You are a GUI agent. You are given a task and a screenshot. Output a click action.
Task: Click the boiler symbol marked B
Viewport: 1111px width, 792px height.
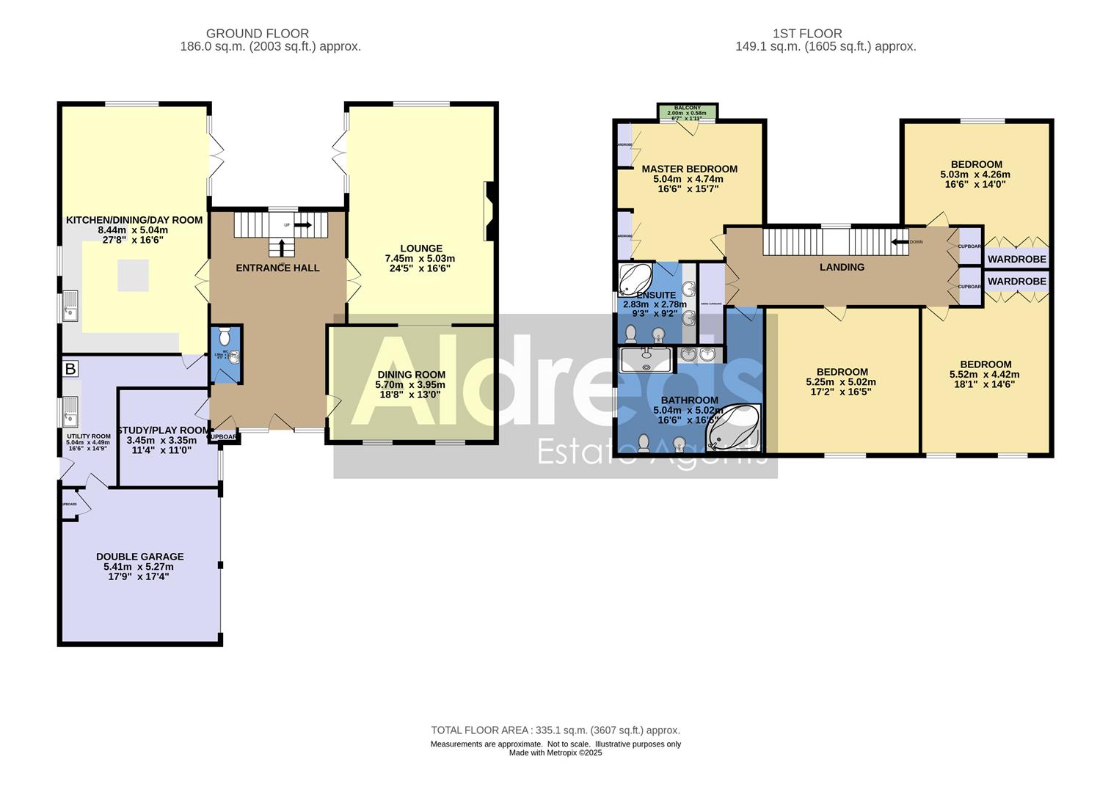(70, 368)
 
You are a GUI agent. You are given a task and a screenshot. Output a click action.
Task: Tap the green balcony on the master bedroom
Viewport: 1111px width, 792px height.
(688, 112)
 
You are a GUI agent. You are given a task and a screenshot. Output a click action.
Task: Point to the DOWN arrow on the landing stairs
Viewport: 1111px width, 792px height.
(900, 241)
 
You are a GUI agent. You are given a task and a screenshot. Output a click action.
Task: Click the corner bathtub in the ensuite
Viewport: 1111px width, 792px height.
(635, 279)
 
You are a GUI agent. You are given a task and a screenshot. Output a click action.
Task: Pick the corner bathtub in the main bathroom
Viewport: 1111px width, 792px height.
(732, 429)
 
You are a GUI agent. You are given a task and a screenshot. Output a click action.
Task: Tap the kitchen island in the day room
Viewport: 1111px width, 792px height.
(133, 275)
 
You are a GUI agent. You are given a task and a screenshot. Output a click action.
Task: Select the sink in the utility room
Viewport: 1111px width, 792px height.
(70, 411)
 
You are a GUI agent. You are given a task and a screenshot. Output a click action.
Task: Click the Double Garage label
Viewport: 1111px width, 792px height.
(139, 557)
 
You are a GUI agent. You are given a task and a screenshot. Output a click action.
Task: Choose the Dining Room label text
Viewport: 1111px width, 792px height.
(411, 375)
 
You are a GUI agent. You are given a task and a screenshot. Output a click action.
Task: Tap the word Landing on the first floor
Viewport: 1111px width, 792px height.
(842, 267)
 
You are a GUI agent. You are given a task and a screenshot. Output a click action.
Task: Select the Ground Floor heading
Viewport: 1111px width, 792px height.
(257, 34)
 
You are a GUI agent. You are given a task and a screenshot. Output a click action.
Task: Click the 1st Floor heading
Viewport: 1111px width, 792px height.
(807, 34)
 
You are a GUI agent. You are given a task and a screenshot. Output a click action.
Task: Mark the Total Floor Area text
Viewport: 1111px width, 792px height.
(555, 730)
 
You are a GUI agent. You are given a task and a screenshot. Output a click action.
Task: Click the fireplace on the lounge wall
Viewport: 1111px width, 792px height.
(489, 212)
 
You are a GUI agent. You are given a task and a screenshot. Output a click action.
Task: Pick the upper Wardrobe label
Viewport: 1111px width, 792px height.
(1016, 259)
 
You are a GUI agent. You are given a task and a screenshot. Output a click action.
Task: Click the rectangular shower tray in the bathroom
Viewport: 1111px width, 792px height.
(646, 360)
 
